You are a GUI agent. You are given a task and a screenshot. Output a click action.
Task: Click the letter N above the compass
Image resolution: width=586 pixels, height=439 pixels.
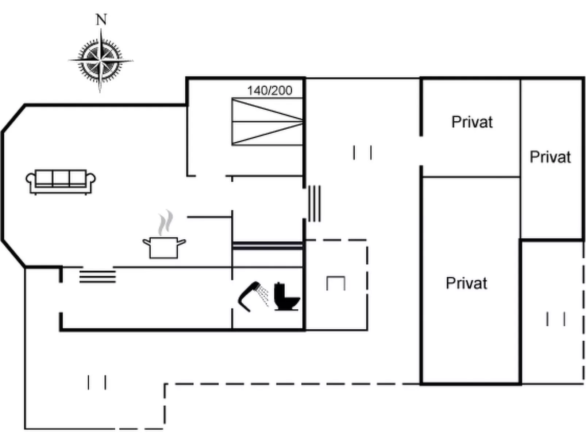click(x=101, y=20)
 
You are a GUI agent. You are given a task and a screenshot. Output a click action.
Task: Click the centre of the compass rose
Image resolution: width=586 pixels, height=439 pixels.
click(x=101, y=60)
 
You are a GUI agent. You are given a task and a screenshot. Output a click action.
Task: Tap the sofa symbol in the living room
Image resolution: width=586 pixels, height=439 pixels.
click(x=61, y=181)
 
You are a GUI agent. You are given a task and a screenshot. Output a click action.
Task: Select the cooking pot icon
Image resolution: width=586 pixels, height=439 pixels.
click(x=164, y=247)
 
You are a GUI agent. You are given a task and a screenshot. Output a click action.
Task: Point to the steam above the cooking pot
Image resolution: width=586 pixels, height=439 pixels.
click(x=165, y=222)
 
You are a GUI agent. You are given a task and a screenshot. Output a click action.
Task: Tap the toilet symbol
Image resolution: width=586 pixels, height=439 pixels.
click(x=286, y=297)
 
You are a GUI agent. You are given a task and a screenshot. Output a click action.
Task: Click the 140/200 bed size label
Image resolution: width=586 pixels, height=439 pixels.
click(x=270, y=90)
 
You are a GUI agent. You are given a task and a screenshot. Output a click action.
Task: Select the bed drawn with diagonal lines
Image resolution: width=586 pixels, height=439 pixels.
click(x=267, y=121)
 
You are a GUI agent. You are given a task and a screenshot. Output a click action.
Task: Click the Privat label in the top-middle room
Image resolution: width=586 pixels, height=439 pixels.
click(x=472, y=122)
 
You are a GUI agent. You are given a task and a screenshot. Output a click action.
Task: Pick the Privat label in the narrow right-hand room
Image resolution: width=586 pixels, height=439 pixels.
click(x=550, y=157)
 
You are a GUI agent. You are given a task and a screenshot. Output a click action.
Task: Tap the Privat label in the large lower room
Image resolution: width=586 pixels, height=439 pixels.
click(x=466, y=283)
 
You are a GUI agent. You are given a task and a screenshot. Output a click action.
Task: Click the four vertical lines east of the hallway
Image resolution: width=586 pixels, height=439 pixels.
click(x=314, y=204)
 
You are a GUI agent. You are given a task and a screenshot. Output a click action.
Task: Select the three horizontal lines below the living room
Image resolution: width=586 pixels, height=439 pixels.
click(x=97, y=277)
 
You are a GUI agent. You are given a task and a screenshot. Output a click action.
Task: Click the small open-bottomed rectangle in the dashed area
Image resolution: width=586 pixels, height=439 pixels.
click(x=336, y=283)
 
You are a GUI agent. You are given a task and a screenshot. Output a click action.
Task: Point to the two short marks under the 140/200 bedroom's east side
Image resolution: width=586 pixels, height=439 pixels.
click(x=362, y=153)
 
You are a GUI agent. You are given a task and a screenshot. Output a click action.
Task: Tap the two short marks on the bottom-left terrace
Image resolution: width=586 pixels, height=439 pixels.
click(x=97, y=383)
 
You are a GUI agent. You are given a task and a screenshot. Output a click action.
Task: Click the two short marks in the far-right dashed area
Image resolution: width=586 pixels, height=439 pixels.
click(x=556, y=319)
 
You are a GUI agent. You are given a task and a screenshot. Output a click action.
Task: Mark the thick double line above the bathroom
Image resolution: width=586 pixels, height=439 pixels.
click(x=267, y=246)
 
